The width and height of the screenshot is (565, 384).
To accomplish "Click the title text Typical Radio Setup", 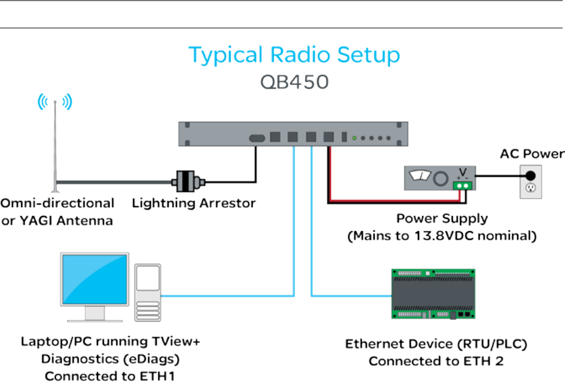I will (294, 55).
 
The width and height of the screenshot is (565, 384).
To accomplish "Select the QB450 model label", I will (294, 81).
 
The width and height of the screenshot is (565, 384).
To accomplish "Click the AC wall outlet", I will (531, 180).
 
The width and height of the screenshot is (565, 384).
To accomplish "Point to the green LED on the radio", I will (354, 138).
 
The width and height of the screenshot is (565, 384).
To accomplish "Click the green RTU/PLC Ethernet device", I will (433, 294).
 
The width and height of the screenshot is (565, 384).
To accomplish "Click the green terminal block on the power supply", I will (462, 185).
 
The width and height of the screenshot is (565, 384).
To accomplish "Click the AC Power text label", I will (532, 154).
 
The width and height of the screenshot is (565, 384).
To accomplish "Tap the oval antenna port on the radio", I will (257, 138).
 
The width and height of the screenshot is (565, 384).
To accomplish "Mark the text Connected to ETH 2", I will (436, 361).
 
